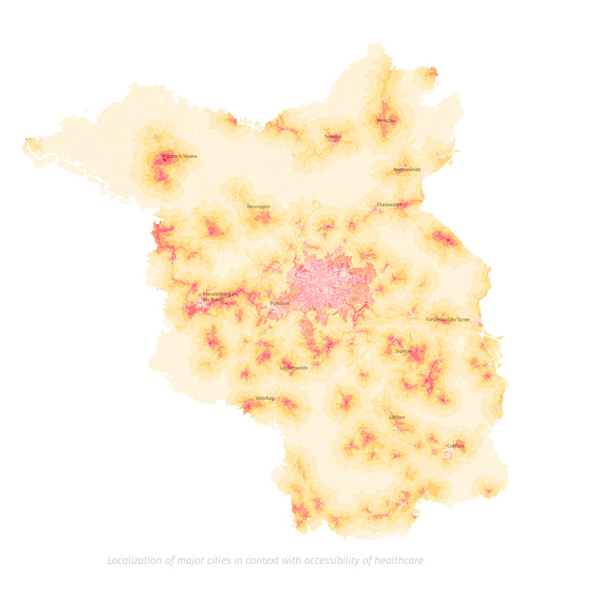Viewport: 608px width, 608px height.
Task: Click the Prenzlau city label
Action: pyautogui.click(x=386, y=120)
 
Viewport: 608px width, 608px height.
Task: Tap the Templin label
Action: pyautogui.click(x=333, y=137)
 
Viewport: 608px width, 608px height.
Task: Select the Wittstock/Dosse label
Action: pyautogui.click(x=179, y=157)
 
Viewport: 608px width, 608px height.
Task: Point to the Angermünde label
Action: pyautogui.click(x=407, y=169)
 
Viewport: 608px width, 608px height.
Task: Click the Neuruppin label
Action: pyautogui.click(x=258, y=206)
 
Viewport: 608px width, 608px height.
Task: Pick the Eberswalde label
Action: pyautogui.click(x=389, y=205)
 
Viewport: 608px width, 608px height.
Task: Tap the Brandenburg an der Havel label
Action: pyautogui.click(x=220, y=296)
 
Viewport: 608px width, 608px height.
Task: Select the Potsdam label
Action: pyautogui.click(x=280, y=303)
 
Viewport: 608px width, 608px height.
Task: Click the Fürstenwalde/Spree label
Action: pyautogui.click(x=448, y=319)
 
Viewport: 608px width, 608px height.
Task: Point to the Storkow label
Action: pyautogui.click(x=403, y=351)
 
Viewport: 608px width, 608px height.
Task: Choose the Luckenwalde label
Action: pyautogui.click(x=294, y=367)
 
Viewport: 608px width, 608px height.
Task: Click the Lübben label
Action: pyautogui.click(x=397, y=417)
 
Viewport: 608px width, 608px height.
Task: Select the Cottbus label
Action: pyautogui.click(x=455, y=445)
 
